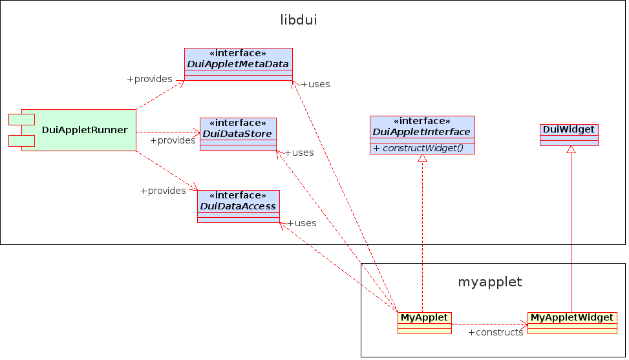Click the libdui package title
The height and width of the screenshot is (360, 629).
298,20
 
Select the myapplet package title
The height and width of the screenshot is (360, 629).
489,282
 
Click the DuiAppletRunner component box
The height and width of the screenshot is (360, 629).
79,130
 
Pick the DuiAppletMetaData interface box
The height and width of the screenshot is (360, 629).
238,64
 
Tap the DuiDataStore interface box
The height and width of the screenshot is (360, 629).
238,134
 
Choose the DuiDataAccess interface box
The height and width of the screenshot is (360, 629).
238,206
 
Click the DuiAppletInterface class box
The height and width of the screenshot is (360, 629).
421,135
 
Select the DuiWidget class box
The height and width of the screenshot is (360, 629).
569,135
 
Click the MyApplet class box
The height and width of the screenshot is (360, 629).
424,323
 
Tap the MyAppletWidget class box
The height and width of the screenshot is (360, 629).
571,323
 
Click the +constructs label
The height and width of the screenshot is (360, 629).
495,332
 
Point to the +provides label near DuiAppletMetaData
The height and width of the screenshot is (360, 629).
149,79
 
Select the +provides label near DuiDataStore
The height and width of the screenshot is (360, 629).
173,140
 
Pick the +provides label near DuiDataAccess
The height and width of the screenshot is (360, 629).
163,191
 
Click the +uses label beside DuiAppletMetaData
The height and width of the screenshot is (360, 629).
315,84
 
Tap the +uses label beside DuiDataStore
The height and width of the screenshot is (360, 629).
299,153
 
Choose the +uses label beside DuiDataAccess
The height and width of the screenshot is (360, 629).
302,223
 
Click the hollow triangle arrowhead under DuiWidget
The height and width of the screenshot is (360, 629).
571,150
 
